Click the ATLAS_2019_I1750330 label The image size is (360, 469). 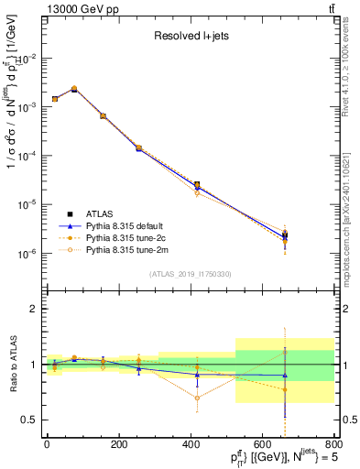[x=190, y=274]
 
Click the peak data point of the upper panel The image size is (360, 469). [x=74, y=89]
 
